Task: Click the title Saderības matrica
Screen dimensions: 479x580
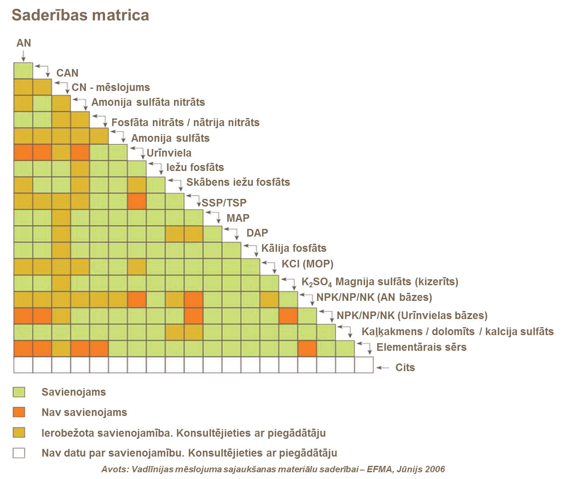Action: pyautogui.click(x=80, y=15)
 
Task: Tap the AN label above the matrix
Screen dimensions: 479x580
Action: pyautogui.click(x=24, y=43)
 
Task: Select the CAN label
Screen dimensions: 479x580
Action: pyautogui.click(x=67, y=73)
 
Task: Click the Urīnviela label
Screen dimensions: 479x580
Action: pyautogui.click(x=169, y=153)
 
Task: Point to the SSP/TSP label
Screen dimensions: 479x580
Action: pyautogui.click(x=224, y=203)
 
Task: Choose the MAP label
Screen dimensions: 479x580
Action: pyautogui.click(x=238, y=218)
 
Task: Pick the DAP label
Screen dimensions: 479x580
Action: pyautogui.click(x=257, y=233)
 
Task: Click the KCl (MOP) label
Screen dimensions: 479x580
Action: pyautogui.click(x=307, y=264)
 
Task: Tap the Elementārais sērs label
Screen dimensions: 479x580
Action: pyautogui.click(x=421, y=347)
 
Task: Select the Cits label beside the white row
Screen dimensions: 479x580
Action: pyautogui.click(x=405, y=367)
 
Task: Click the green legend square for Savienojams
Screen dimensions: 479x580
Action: pyautogui.click(x=19, y=392)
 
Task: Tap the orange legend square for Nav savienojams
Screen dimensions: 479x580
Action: pyautogui.click(x=19, y=412)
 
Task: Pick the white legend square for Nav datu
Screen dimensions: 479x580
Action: pyautogui.click(x=19, y=453)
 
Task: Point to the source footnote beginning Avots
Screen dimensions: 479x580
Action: pyautogui.click(x=273, y=469)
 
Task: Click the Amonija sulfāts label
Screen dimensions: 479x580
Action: pyautogui.click(x=170, y=138)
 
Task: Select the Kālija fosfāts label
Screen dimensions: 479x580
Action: pyautogui.click(x=294, y=248)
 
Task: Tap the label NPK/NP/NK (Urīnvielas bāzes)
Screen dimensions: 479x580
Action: pyautogui.click(x=412, y=315)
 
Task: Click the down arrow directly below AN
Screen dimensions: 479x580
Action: pyautogui.click(x=23, y=55)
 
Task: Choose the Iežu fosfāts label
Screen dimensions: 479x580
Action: pyautogui.click(x=195, y=167)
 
